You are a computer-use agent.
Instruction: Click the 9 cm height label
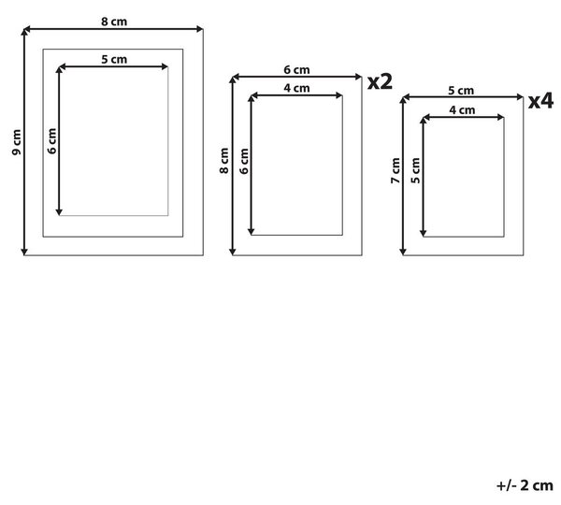pos(17,142)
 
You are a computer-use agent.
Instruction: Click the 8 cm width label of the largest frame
pos(114,22)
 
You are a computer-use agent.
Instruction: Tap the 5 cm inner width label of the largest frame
pos(114,59)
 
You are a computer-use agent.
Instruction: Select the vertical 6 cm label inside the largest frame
pos(52,141)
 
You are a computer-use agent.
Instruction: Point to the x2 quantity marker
pos(380,82)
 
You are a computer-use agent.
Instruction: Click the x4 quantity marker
pos(541,101)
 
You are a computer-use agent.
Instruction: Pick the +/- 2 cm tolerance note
pos(525,485)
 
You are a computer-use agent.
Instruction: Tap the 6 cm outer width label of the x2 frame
pos(297,70)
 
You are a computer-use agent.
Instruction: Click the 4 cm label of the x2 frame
pos(297,88)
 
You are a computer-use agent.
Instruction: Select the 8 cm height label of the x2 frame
pos(224,161)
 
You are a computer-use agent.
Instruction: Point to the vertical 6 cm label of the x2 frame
pos(244,161)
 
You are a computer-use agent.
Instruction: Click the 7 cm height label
pos(396,171)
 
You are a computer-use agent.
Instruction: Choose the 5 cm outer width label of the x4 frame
pos(461,91)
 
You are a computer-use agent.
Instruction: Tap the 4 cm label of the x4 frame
pos(462,109)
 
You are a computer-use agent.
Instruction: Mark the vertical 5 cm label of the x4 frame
pos(415,170)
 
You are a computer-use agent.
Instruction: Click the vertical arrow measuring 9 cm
pos(24,142)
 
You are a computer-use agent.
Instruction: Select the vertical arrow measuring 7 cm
pos(403,176)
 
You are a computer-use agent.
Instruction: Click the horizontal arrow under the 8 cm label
pos(113,29)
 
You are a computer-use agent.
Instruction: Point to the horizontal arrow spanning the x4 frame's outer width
pos(463,97)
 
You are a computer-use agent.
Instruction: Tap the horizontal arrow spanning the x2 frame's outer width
pos(297,77)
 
